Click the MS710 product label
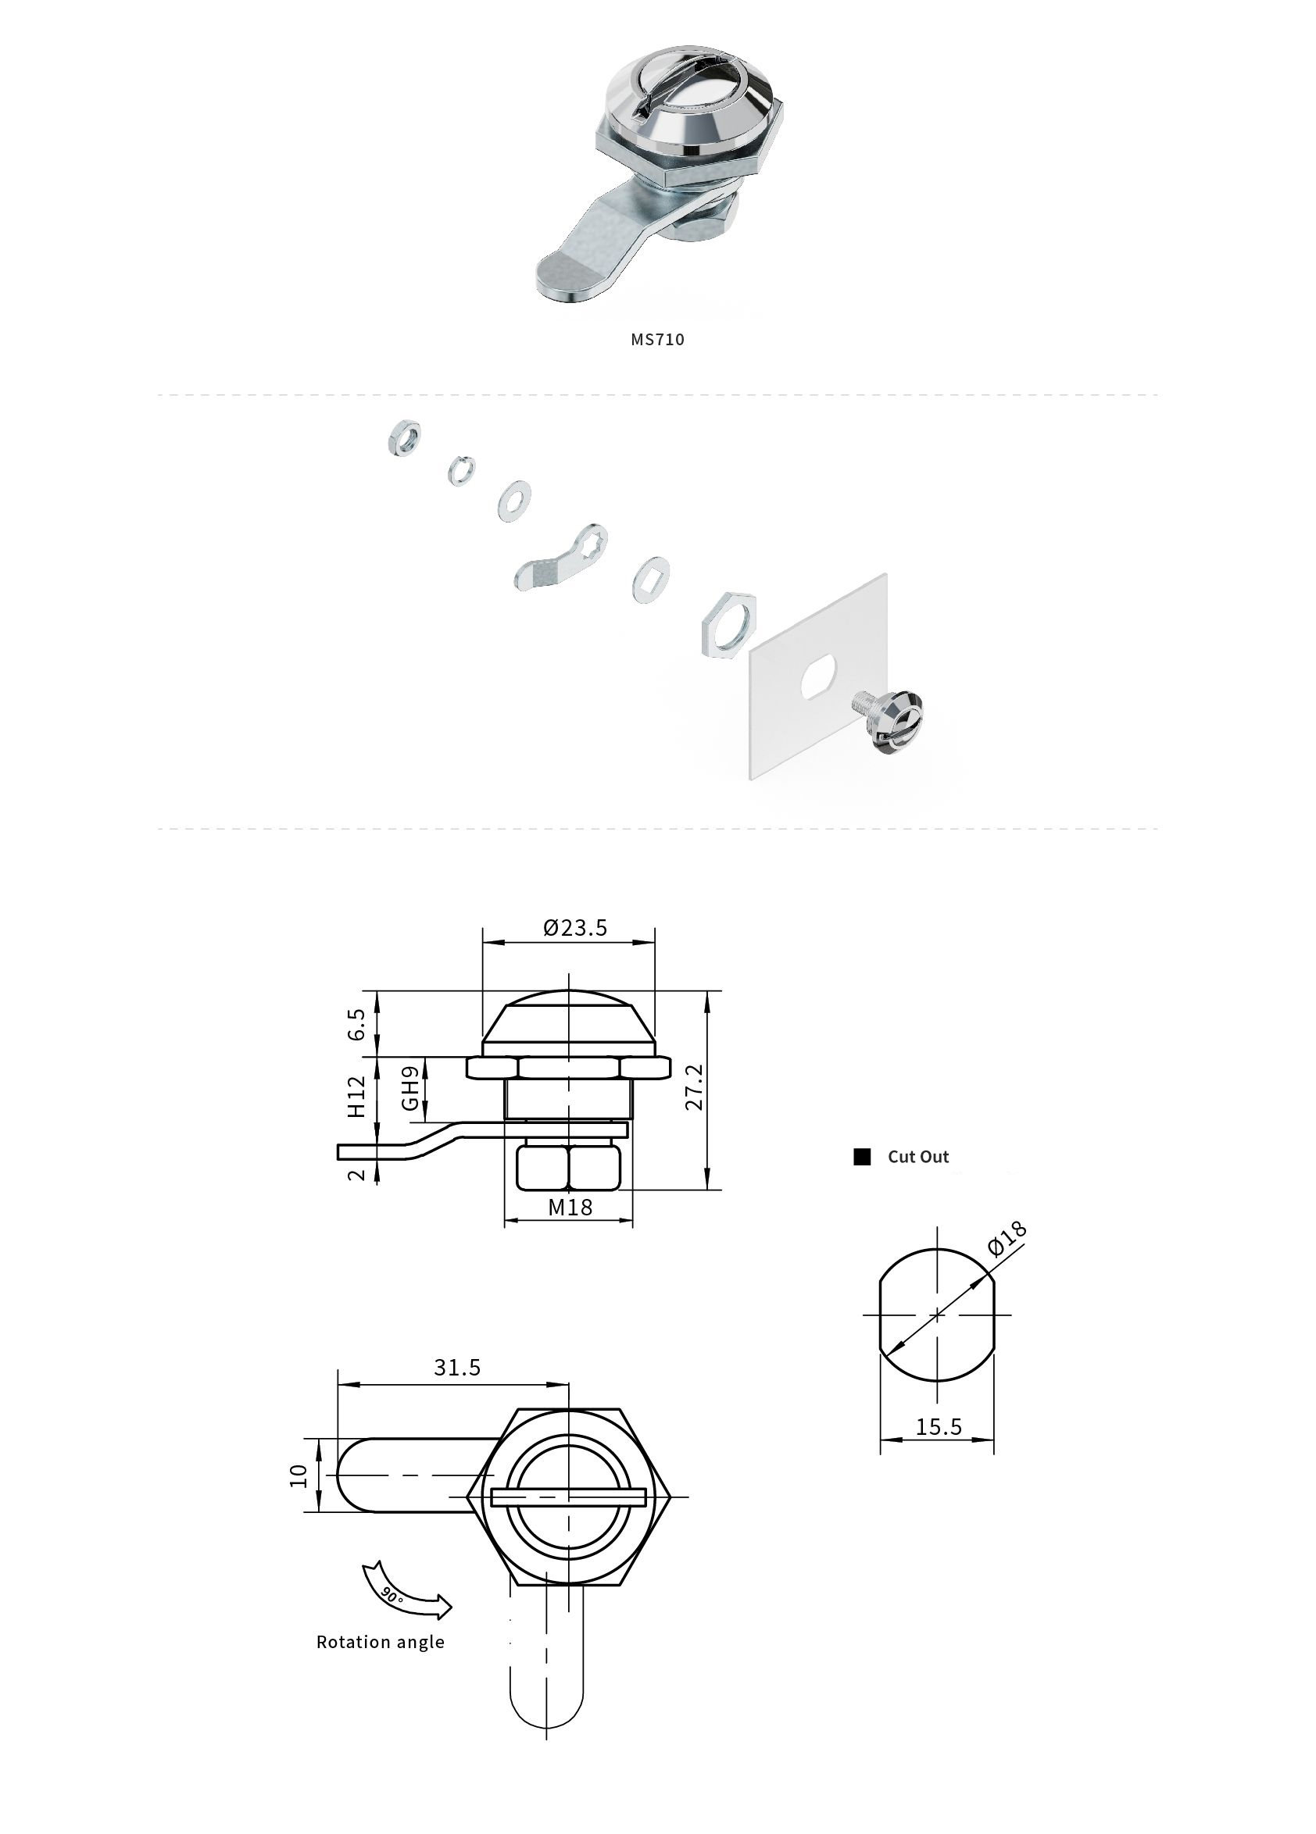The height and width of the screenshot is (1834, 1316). [656, 340]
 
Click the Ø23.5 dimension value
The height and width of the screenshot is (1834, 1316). [574, 927]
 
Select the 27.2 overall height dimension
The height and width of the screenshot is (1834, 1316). [695, 1087]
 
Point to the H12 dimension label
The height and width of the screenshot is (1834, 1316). [356, 1096]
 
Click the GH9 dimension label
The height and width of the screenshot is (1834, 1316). [411, 1087]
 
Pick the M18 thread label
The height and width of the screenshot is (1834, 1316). [570, 1208]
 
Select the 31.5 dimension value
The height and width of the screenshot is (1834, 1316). [457, 1367]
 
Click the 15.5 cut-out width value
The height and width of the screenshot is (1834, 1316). [939, 1426]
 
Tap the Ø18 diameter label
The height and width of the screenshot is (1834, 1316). [1008, 1238]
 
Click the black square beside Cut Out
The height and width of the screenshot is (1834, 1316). [862, 1156]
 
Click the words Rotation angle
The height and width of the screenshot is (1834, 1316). [380, 1642]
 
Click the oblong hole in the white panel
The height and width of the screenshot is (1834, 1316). [818, 677]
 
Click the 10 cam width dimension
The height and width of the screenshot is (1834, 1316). [299, 1475]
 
